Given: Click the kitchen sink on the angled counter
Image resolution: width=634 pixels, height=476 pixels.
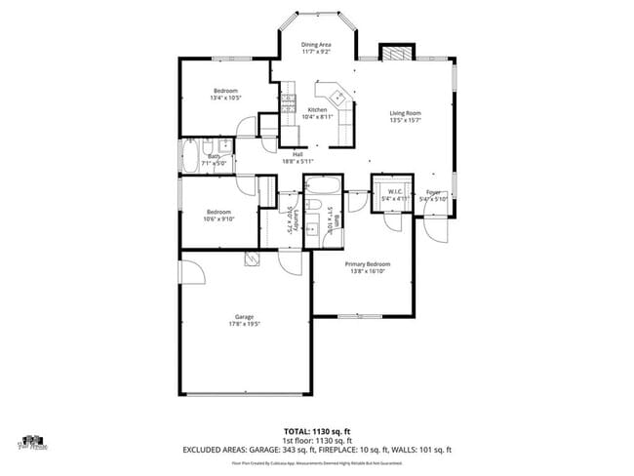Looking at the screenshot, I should click(337, 97).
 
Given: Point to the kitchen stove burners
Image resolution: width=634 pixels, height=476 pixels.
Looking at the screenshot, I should click(288, 100).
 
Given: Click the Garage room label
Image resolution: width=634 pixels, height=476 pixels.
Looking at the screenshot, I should click(244, 317).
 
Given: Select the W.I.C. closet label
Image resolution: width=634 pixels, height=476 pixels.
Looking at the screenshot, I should click(394, 191).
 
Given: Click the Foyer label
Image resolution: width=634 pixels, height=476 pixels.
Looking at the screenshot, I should click(433, 192).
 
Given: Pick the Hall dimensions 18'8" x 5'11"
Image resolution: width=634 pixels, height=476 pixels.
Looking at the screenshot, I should click(297, 162).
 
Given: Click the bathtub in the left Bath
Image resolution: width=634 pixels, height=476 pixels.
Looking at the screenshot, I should click(189, 156).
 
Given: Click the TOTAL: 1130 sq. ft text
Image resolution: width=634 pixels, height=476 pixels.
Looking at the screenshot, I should click(316, 430).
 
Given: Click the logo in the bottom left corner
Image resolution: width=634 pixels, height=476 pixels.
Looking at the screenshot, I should click(32, 444).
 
